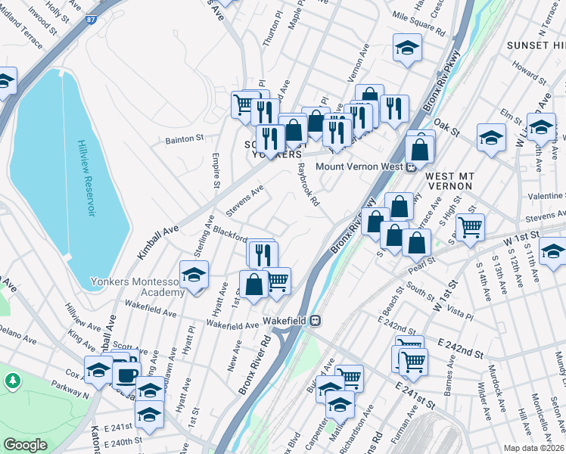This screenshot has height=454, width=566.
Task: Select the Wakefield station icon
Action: [x=316, y=320]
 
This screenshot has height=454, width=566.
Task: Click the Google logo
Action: [x=25, y=445]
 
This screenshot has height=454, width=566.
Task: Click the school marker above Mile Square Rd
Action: [x=407, y=48]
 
